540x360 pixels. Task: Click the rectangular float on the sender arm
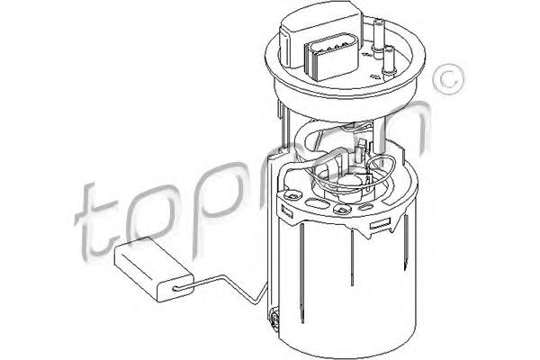[x=154, y=270]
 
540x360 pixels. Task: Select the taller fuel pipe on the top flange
[x=378, y=36]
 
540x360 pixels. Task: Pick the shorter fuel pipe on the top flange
[x=390, y=61]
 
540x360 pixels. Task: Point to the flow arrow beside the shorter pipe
[x=375, y=77]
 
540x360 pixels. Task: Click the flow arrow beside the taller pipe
[x=366, y=54]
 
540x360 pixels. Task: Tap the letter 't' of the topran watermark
[x=94, y=220]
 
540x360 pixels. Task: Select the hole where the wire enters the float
[x=176, y=288]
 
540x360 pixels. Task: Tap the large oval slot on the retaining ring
[x=317, y=203]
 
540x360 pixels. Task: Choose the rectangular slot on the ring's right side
[x=380, y=224]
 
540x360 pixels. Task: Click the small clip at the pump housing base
[x=274, y=319]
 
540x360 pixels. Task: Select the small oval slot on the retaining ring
[x=365, y=207]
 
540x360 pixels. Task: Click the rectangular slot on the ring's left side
[x=287, y=211]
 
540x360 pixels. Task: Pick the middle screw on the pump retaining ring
[x=342, y=209]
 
